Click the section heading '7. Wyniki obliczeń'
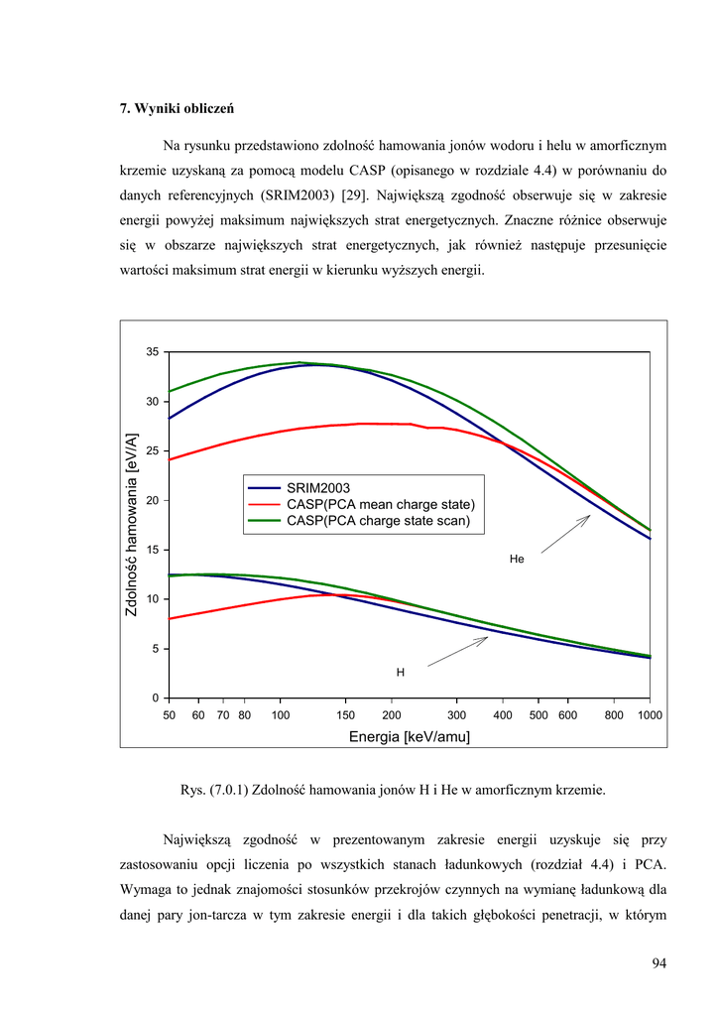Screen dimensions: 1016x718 pos(177,107)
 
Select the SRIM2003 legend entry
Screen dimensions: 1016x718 pos(318,488)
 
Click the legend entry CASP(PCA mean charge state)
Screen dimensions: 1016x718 pos(380,504)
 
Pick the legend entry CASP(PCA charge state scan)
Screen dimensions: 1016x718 pos(378,520)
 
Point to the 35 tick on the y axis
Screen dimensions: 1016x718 pos(152,352)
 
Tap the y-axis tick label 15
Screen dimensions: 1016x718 pos(152,550)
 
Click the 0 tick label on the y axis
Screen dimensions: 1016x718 pos(156,698)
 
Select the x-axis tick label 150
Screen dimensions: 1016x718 pos(346,715)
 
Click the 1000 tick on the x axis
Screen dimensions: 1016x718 pos(650,715)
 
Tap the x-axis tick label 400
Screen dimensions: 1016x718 pos(502,715)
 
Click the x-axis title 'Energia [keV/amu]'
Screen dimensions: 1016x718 pos(409,736)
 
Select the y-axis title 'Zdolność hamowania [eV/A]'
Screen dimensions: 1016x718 pos(132,525)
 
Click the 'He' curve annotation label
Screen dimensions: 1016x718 pos(516,560)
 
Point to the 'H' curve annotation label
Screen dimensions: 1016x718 pos(401,673)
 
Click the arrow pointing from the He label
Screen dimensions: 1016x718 pos(565,534)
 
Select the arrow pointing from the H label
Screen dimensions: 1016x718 pos(457,651)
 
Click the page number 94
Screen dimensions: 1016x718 pos(659,962)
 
